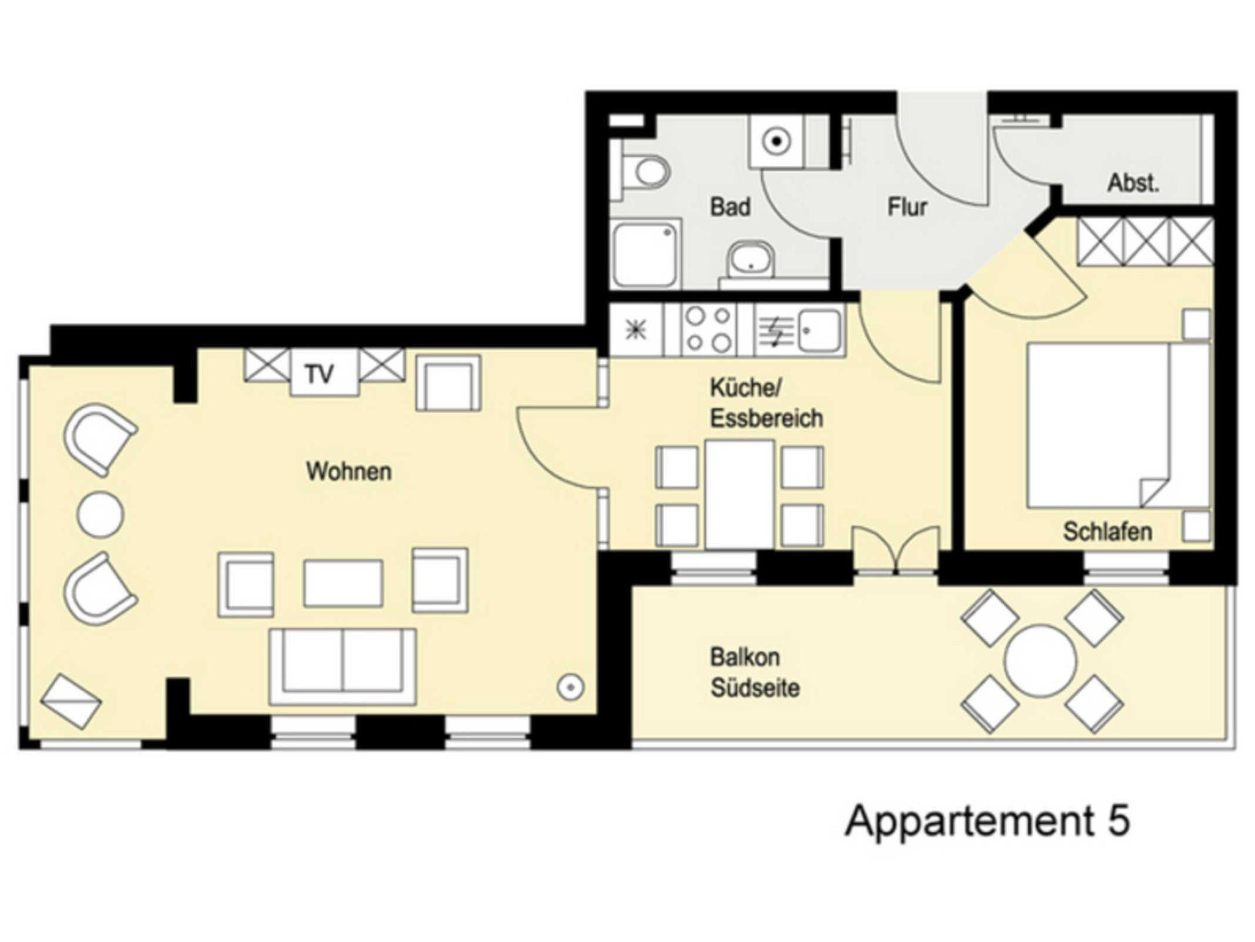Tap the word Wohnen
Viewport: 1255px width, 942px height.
[x=349, y=471]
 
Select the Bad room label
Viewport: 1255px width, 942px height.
[x=730, y=206]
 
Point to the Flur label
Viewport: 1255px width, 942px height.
[x=907, y=206]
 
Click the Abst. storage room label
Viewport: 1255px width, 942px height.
[x=1133, y=183]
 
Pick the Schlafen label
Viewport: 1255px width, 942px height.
[x=1107, y=531]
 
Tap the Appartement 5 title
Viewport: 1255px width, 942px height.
[x=987, y=822]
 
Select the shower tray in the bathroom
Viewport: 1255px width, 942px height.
[x=646, y=254]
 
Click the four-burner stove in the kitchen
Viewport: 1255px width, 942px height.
[x=708, y=330]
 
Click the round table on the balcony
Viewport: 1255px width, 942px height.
[x=1040, y=660]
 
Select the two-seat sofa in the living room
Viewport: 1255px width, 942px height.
[x=343, y=666]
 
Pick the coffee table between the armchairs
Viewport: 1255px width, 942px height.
[x=343, y=583]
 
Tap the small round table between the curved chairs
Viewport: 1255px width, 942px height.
[x=100, y=514]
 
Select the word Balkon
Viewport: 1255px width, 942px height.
[x=745, y=657]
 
